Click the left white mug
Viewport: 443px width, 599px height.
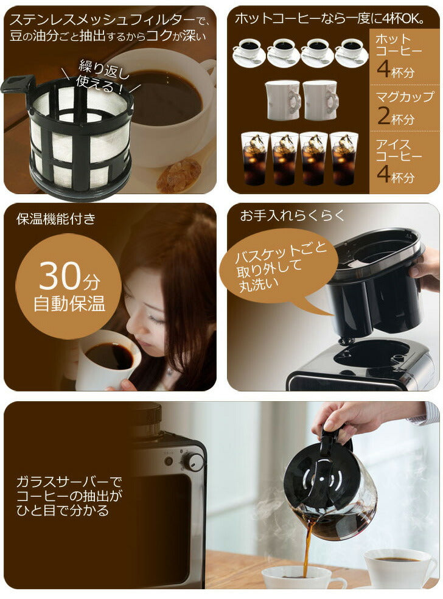click(283, 100)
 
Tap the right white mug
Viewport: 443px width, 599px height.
click(321, 100)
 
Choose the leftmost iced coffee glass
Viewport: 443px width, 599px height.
click(255, 158)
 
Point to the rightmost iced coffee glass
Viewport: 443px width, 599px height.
click(344, 158)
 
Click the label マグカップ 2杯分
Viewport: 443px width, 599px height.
click(405, 108)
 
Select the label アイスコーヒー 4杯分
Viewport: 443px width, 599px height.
click(399, 161)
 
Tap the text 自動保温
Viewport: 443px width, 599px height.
click(69, 304)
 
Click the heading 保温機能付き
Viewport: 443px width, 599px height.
click(56, 219)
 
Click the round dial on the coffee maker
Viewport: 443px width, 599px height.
click(193, 461)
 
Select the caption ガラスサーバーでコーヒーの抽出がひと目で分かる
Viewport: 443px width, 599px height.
click(69, 496)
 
